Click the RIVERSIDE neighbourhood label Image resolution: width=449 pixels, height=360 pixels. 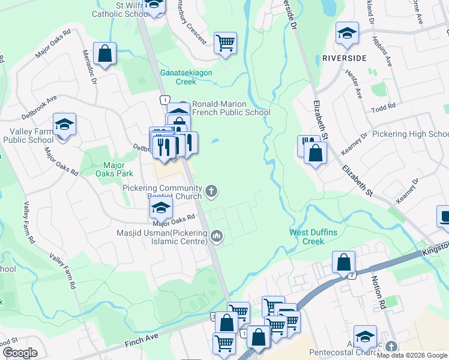[344, 58]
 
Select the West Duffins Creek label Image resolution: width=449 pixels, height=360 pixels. [315, 236]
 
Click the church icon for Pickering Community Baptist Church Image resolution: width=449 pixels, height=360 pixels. [211, 191]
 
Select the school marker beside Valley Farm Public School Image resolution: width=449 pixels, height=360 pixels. [64, 124]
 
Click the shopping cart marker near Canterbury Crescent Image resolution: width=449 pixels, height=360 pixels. [225, 43]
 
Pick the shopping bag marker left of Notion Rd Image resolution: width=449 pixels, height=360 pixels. [343, 262]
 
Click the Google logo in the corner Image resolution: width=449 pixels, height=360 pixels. [20, 353]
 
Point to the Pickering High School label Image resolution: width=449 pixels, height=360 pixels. [411, 134]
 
